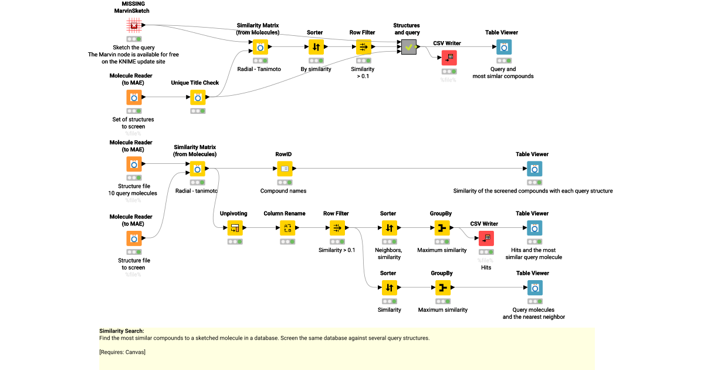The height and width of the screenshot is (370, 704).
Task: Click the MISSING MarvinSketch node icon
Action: pos(134,25)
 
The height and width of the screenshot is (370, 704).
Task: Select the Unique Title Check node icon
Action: pos(198,97)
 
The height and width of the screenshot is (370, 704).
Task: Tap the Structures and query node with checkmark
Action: pos(409,47)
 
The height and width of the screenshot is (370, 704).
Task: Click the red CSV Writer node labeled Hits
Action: pos(486,238)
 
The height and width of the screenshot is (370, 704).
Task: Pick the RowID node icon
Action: pos(285,169)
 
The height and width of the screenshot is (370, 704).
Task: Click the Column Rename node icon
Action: pos(287,228)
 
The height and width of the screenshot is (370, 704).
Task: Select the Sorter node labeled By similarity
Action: pos(316,47)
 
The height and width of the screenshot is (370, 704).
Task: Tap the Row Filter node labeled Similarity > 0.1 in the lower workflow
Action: pos(337,228)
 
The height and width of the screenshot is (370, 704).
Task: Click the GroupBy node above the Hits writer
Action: pos(442,228)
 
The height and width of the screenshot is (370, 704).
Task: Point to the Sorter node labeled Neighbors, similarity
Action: pos(390,228)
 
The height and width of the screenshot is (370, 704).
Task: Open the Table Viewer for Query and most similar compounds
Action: pos(503,47)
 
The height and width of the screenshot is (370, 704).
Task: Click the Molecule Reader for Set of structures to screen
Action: pos(134,97)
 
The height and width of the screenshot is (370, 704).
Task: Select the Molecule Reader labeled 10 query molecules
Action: pos(134,164)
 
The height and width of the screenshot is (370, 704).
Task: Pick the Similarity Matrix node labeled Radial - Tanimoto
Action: pos(260,47)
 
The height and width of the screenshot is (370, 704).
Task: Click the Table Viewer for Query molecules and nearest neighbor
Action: pos(534,288)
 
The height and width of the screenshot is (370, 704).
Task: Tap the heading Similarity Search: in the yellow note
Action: pos(121,331)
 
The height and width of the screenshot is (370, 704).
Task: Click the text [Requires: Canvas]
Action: pos(122,352)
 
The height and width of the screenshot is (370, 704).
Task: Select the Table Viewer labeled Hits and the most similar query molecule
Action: pos(534,228)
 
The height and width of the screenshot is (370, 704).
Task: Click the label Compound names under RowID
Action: pos(283,191)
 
